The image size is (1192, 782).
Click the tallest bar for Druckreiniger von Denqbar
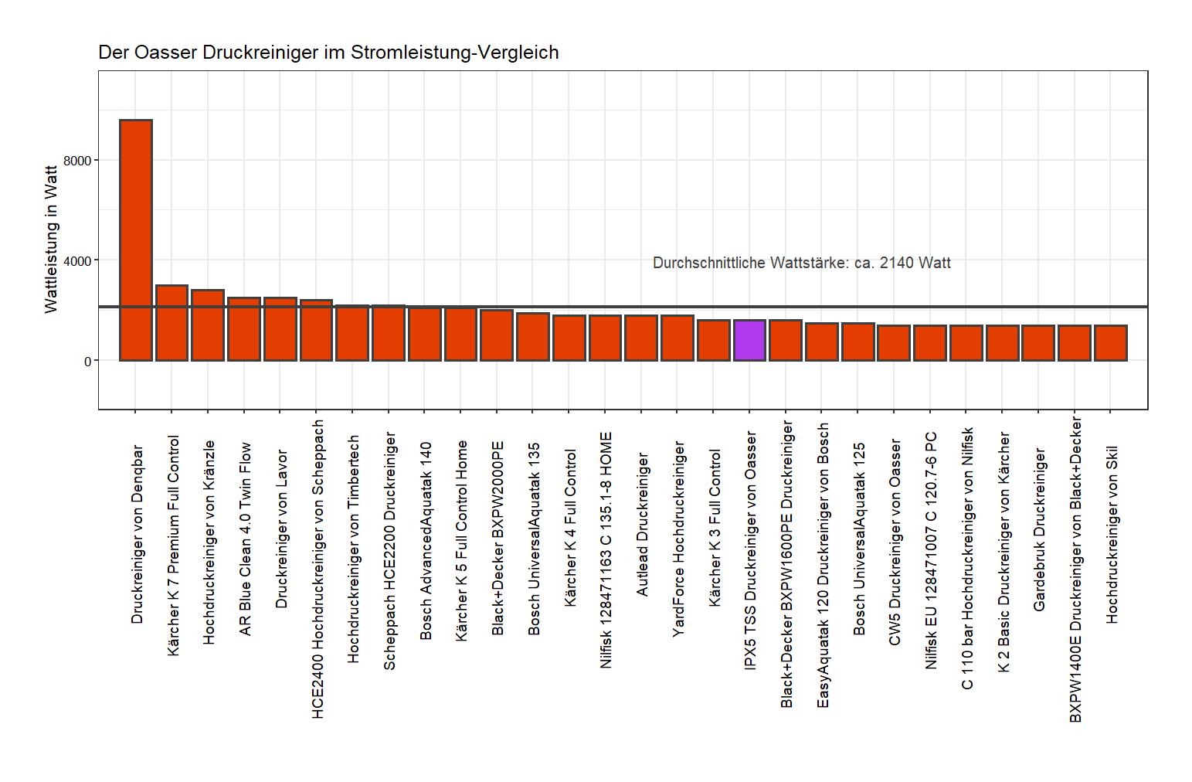[x=135, y=240]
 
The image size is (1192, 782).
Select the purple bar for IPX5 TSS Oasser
[x=749, y=340]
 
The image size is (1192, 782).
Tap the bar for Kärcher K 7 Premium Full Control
[x=171, y=323]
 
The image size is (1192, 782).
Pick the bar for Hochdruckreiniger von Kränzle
[x=208, y=325]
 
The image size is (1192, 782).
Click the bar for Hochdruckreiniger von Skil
[x=1110, y=343]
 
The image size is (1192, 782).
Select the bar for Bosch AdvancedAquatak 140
[x=424, y=334]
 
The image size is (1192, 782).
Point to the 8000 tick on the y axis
[x=77, y=161]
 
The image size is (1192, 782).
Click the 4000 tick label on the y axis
[x=77, y=261]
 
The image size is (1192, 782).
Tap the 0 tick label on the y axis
[x=87, y=361]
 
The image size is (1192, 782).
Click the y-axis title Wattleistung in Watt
[x=51, y=240]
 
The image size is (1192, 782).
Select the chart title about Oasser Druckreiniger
[x=328, y=53]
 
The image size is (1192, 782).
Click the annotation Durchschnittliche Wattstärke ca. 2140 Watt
[x=801, y=263]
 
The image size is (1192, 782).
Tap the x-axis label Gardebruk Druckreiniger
[x=1039, y=529]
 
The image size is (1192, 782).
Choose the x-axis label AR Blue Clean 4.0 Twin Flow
[x=245, y=538]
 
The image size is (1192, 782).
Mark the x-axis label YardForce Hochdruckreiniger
[x=678, y=539]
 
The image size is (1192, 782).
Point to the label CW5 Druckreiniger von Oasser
[x=895, y=542]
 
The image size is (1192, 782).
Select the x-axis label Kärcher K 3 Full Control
[x=715, y=528]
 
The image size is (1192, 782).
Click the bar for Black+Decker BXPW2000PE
[x=497, y=335]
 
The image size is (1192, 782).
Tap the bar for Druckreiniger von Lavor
[x=280, y=329]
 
